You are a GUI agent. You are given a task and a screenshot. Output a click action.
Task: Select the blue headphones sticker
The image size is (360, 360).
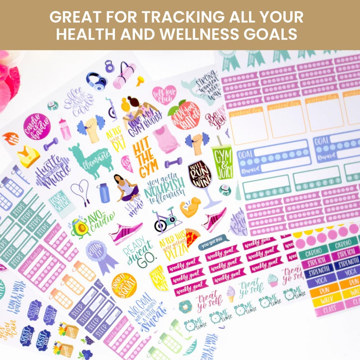point(96,82)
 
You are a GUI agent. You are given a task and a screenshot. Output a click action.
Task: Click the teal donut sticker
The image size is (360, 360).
point(185,307)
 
